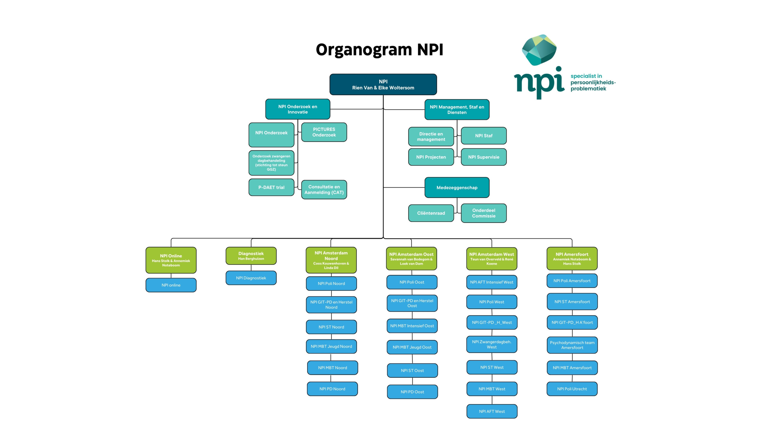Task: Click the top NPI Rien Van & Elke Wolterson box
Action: pos(383,84)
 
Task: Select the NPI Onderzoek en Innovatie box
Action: pos(298,109)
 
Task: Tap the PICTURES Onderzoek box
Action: pos(324,132)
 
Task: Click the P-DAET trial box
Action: pos(271,187)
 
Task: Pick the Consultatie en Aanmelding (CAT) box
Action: pos(324,189)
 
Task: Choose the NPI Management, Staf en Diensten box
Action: pos(457,110)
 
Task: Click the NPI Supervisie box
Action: pos(484,157)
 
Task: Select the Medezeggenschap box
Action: pos(457,188)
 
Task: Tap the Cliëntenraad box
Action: pos(431,213)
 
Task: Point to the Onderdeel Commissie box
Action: pos(484,213)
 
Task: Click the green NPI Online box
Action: pos(171,260)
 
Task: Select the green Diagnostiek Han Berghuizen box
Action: pos(251,256)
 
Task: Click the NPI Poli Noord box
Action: pos(331,283)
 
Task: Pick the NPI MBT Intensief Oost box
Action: pos(412,326)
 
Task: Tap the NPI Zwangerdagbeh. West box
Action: pos(492,345)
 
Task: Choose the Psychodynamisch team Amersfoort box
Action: pos(572,345)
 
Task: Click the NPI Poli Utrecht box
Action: pos(572,389)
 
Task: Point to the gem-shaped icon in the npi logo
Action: pos(539,50)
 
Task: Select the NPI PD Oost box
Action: pos(412,392)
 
